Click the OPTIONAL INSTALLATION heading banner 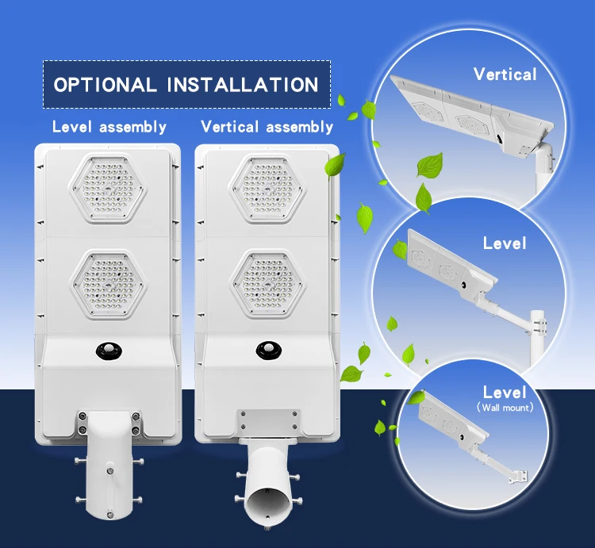pyautogui.click(x=186, y=85)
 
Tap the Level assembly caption pyautogui.click(x=109, y=127)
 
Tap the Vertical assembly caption pyautogui.click(x=267, y=127)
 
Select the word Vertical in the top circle pyautogui.click(x=505, y=75)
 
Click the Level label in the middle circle pyautogui.click(x=504, y=243)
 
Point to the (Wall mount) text pyautogui.click(x=504, y=408)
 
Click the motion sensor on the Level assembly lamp pyautogui.click(x=108, y=349)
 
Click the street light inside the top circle pyautogui.click(x=460, y=115)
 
